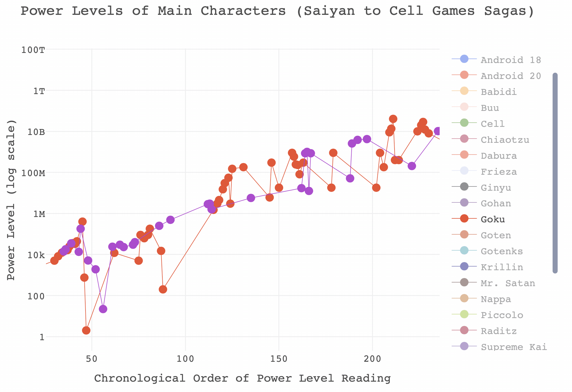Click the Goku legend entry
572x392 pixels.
493,219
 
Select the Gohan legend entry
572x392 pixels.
496,203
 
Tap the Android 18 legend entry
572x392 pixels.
511,60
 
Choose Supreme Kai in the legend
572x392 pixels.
514,347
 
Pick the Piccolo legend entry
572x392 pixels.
502,315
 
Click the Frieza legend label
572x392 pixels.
499,171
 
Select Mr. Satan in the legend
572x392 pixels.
508,283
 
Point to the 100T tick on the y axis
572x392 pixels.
33,50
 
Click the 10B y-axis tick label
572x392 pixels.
36,132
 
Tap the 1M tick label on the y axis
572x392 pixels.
39,214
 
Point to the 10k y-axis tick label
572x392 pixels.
36,255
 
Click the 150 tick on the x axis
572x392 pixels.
279,359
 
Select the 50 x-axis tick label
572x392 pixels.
92,359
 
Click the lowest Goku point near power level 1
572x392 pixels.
86,330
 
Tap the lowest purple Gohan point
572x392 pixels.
103,309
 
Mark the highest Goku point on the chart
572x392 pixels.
393,119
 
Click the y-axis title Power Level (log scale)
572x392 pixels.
11,200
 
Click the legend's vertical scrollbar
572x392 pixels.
555,173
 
